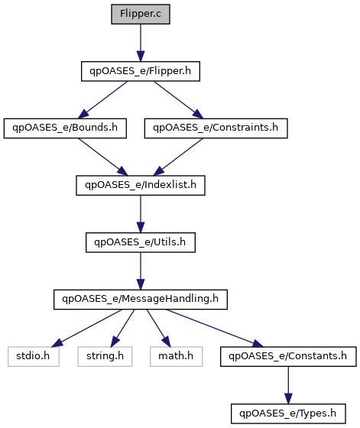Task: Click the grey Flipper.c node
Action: click(141, 14)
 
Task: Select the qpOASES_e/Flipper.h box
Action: click(141, 71)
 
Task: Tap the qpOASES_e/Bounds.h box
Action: click(65, 128)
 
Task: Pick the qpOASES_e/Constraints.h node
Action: click(216, 128)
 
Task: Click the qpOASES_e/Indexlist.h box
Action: click(141, 185)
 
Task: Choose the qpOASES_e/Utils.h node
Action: click(141, 242)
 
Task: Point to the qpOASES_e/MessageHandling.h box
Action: click(141, 300)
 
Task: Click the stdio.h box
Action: click(34, 356)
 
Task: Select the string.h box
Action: click(105, 356)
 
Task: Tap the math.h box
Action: click(176, 356)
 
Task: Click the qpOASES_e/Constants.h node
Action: click(288, 356)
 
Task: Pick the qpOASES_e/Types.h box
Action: click(288, 413)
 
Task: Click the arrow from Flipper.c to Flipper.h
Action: click(141, 43)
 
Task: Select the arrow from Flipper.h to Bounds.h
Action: click(102, 100)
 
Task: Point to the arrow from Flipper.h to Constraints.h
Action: click(179, 100)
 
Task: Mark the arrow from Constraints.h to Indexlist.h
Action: click(178, 157)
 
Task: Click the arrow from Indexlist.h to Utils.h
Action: click(141, 214)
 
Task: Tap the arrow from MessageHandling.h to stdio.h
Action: click(86, 328)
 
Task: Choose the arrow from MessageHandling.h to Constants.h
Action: click(215, 328)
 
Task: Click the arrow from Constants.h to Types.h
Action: click(288, 385)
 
